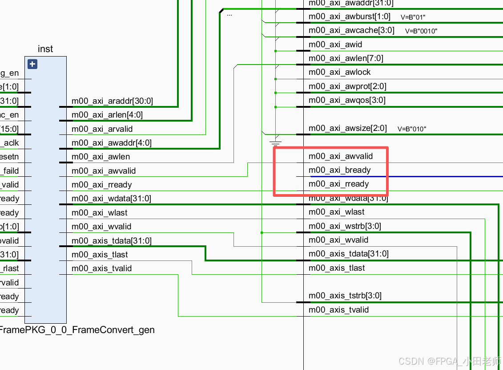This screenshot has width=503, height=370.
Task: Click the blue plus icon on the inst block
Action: (x=32, y=64)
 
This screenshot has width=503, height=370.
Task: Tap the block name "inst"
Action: (x=45, y=49)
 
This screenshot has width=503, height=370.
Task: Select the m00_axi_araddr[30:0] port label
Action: (x=112, y=101)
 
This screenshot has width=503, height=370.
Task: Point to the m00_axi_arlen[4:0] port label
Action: (x=107, y=115)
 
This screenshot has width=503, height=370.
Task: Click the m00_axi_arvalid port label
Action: (x=102, y=129)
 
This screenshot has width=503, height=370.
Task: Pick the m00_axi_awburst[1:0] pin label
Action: (x=349, y=16)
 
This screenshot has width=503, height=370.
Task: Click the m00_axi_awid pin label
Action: (x=335, y=45)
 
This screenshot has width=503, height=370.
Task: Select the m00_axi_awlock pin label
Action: (x=339, y=72)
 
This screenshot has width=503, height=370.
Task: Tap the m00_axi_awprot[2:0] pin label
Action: (x=347, y=86)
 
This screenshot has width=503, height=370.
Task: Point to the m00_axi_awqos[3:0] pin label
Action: (x=347, y=100)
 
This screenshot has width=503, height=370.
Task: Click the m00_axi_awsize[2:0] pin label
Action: (x=348, y=128)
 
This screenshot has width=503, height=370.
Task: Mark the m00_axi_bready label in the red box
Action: (x=339, y=170)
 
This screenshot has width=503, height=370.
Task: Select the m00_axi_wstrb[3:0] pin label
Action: (x=345, y=226)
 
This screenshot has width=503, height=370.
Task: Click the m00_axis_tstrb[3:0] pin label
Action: (x=345, y=296)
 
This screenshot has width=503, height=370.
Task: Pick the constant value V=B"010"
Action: (x=412, y=129)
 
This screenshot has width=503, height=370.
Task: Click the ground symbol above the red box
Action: (x=276, y=142)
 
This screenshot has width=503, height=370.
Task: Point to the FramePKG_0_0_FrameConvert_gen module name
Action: (x=77, y=330)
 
